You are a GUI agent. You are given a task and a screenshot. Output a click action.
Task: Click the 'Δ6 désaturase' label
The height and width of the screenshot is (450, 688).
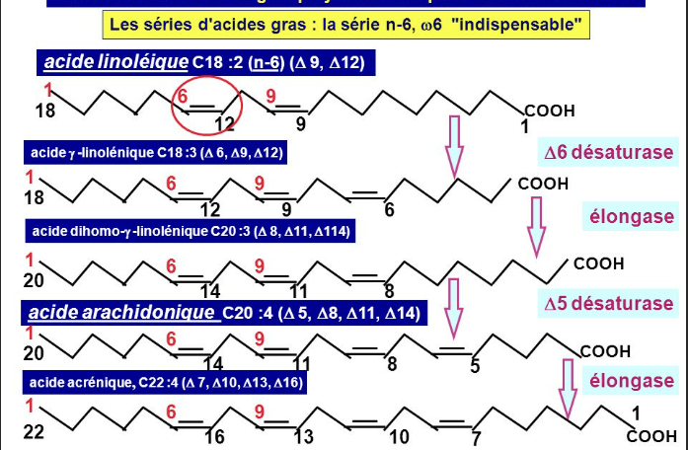(609, 153)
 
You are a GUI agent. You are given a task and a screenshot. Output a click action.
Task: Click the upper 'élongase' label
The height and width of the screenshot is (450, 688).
(632, 216)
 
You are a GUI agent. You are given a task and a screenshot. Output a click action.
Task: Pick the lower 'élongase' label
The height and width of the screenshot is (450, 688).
(632, 380)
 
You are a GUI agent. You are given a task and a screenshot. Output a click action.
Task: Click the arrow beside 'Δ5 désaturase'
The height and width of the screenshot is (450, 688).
(454, 306)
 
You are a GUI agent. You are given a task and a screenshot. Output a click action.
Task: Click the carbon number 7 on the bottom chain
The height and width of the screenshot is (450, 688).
(476, 437)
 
